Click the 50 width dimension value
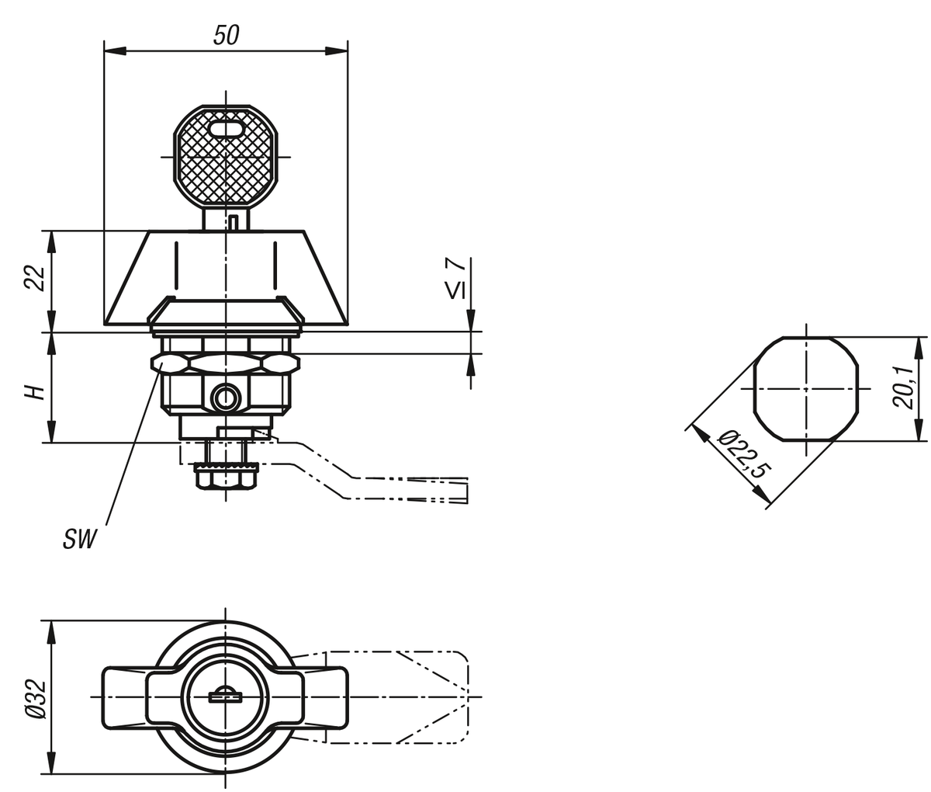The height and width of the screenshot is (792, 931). click(226, 35)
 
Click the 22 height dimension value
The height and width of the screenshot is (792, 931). click(35, 278)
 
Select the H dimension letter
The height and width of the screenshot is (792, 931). click(35, 393)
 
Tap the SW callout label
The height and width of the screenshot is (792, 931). click(79, 539)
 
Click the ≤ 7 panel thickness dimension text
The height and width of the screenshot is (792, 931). click(455, 278)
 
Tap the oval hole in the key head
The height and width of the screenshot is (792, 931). click(226, 129)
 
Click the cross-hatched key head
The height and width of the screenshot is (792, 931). click(226, 156)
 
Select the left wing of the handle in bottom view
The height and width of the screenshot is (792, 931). click(125, 697)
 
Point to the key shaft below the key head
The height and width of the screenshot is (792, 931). click(225, 219)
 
